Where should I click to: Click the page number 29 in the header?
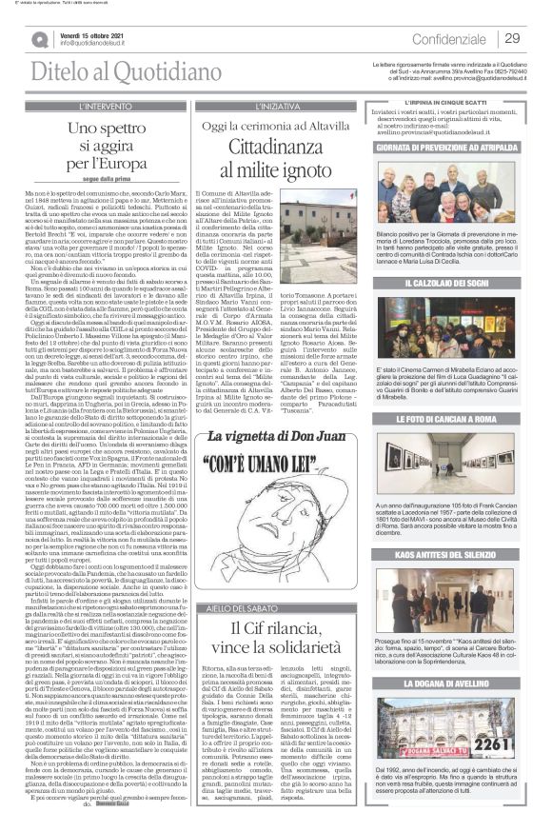[511, 38]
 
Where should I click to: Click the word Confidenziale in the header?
[450, 39]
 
